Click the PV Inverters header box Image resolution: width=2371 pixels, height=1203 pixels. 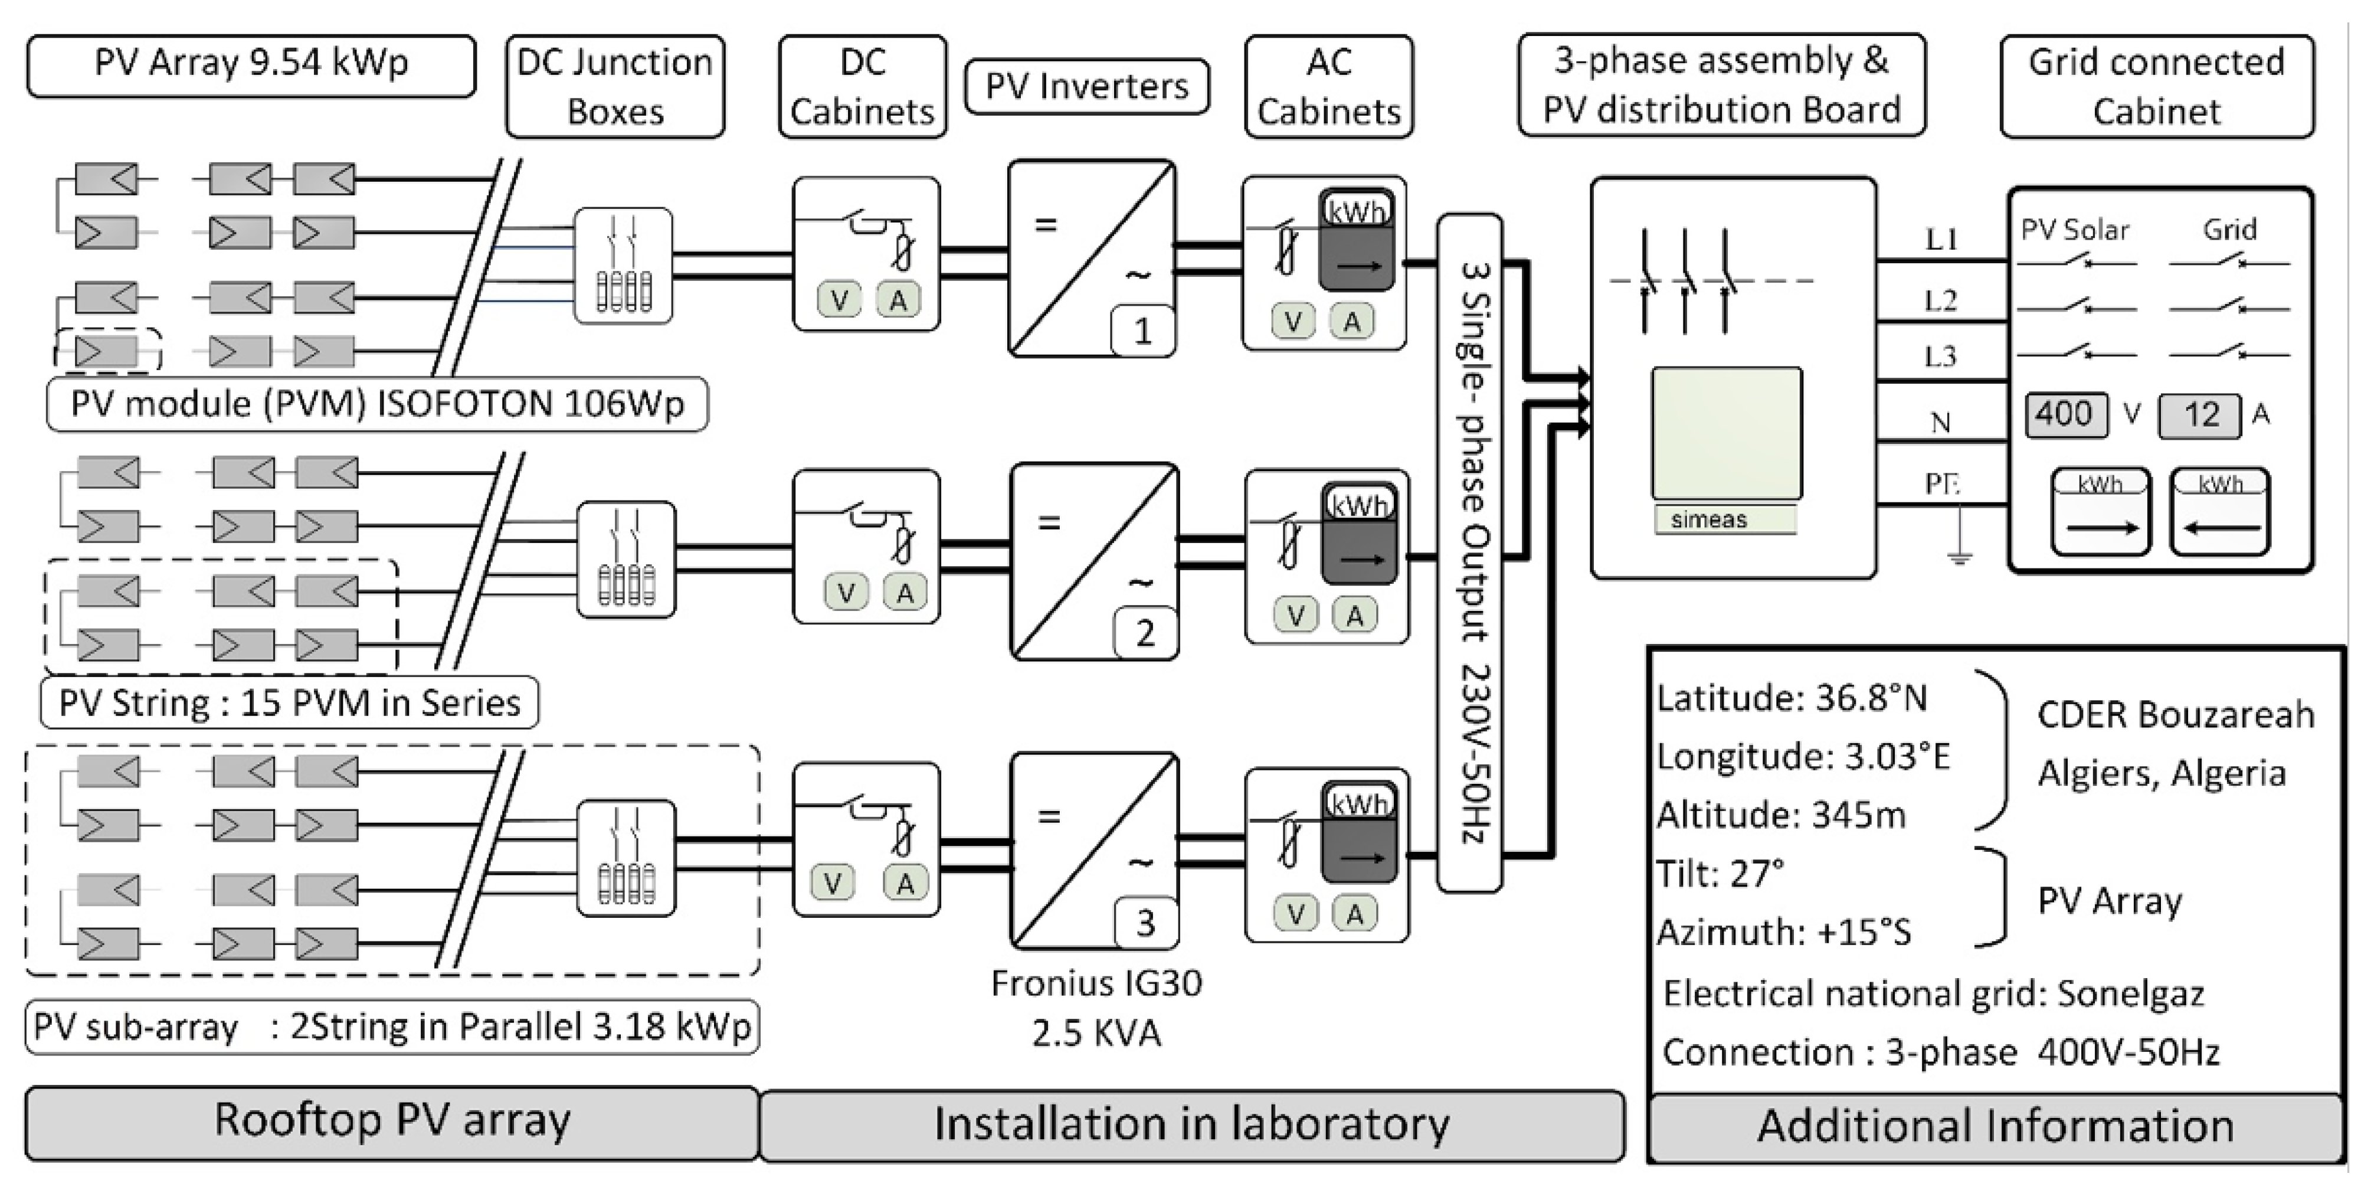(1086, 87)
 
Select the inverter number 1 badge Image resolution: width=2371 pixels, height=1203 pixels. (1142, 331)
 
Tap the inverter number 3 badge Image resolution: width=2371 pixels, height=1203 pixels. (1145, 922)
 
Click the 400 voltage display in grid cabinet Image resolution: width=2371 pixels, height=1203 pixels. (2065, 414)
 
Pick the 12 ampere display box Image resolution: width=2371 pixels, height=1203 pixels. (2200, 415)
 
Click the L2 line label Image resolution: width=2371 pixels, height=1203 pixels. (1940, 300)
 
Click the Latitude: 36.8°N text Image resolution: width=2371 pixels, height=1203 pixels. (1791, 699)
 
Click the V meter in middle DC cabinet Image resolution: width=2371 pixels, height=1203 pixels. (846, 593)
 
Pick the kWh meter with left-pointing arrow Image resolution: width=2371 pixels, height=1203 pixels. (2220, 512)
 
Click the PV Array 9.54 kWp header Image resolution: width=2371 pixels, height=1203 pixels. (251, 64)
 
